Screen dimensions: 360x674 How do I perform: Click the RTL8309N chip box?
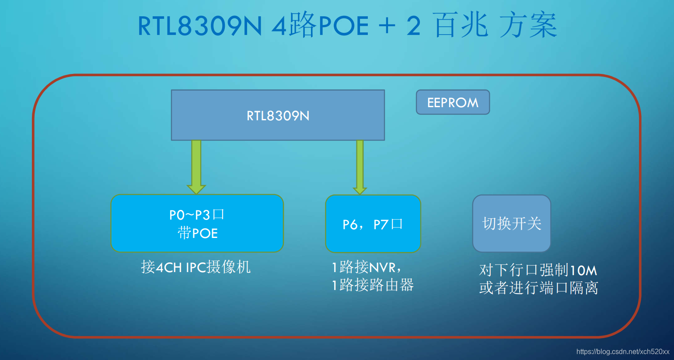(278, 115)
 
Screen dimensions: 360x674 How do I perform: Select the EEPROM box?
(453, 102)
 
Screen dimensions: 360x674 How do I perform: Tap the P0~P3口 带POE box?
(197, 223)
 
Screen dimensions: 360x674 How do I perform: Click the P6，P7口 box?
(373, 224)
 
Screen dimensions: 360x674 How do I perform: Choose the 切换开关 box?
(511, 224)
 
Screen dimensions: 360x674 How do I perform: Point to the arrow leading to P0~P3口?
(196, 166)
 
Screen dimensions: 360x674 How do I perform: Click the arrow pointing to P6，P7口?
(360, 166)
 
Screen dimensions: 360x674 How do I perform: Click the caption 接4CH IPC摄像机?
(196, 267)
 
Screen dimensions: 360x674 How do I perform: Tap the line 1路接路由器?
(373, 285)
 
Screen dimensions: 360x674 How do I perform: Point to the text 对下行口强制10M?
(538, 270)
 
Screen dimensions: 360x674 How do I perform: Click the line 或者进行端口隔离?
(538, 288)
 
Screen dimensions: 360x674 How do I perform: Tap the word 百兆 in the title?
(461, 25)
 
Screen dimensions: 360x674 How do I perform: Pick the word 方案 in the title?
(528, 25)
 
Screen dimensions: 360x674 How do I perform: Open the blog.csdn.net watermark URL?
(623, 352)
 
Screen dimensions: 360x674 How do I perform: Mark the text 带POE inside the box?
(198, 233)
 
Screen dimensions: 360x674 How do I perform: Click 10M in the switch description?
(583, 270)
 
